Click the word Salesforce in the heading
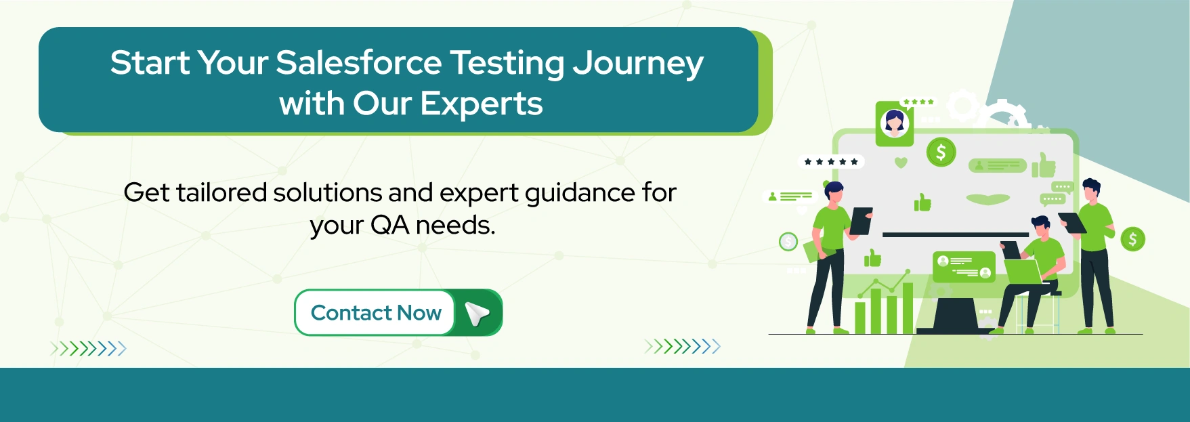coord(358,63)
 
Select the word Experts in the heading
coord(481,104)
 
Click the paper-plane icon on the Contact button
coord(477,313)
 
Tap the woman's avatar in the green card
coord(894,123)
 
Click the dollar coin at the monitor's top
coord(941,152)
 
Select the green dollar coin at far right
coord(1132,239)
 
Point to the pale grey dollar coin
coord(788,241)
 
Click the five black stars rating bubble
coord(830,162)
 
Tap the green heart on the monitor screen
coord(901,163)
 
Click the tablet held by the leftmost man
coord(861,221)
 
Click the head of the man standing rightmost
coord(1090,189)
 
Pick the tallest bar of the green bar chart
coord(908,308)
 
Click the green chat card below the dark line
coord(964,267)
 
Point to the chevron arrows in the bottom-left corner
coord(88,349)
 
